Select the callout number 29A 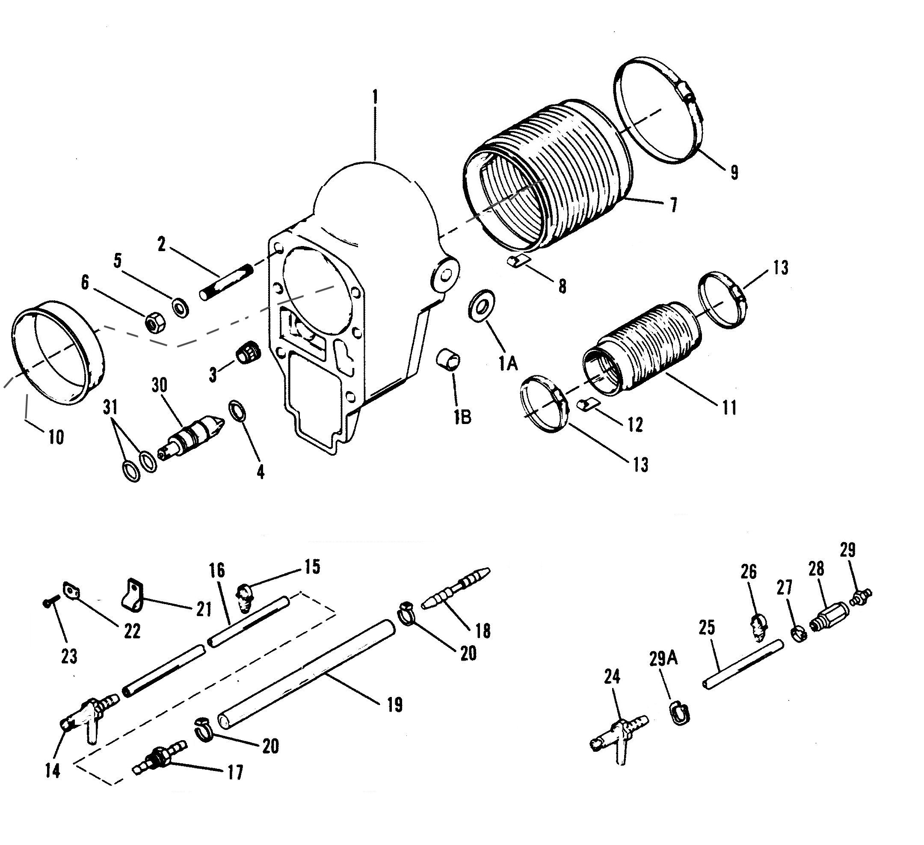click(x=663, y=659)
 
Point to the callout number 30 click(x=160, y=385)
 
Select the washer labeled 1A click(x=481, y=305)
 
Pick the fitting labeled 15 click(x=245, y=597)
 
